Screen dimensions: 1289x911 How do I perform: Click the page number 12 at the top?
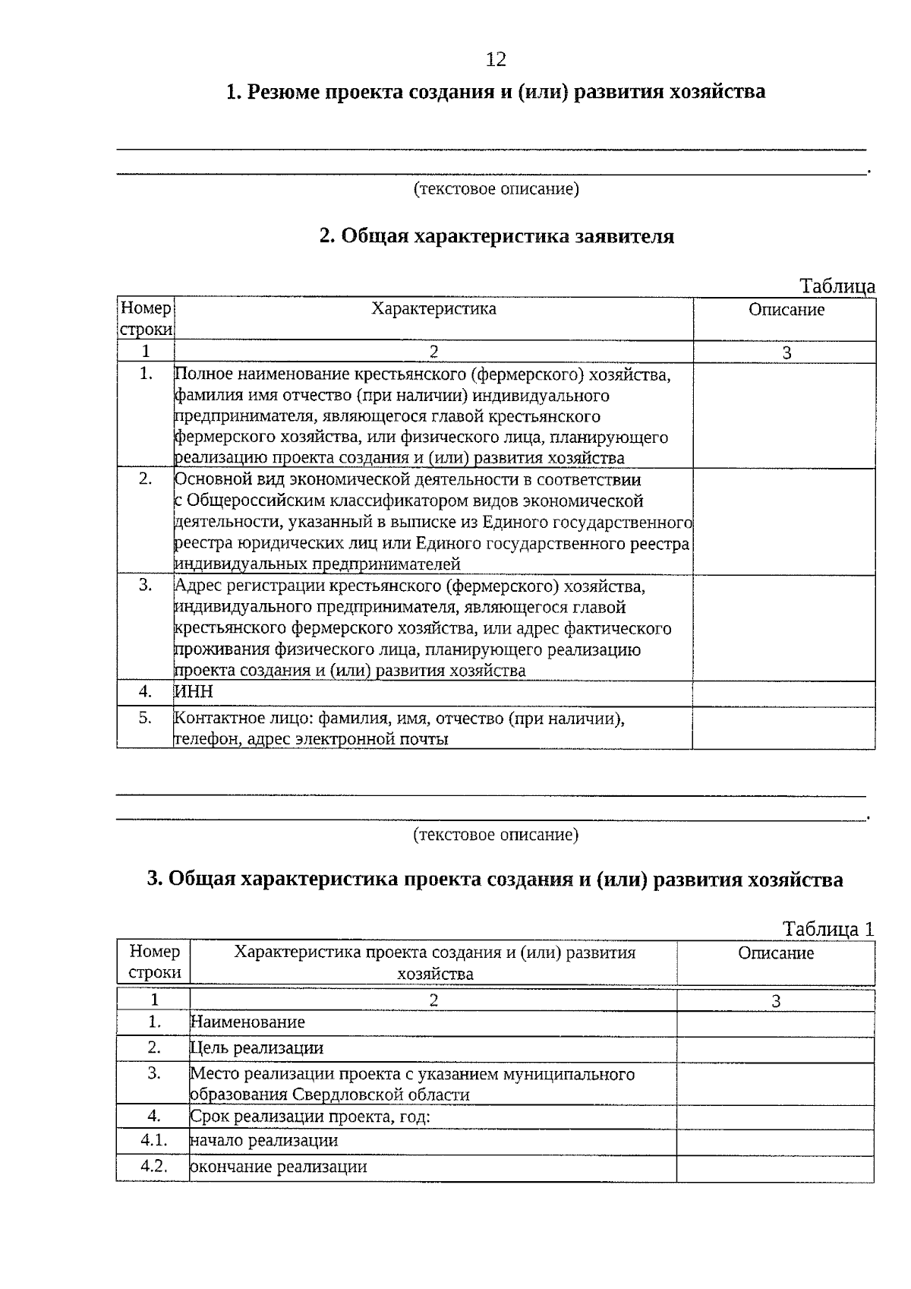click(496, 59)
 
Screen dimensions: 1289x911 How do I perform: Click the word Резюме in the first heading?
click(285, 92)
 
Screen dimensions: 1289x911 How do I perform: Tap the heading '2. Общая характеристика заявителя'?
click(496, 236)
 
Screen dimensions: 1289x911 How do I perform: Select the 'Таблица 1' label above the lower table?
click(828, 929)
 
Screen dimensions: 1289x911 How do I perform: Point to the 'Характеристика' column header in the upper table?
click(433, 308)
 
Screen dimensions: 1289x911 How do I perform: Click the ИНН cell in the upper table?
click(194, 692)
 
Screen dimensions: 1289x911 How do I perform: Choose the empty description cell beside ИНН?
click(783, 693)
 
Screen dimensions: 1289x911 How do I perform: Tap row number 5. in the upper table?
click(146, 718)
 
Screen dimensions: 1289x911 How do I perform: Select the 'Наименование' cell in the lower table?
click(247, 1022)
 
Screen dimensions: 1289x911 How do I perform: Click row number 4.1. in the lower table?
click(154, 1140)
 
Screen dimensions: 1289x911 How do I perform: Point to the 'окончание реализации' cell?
click(279, 1167)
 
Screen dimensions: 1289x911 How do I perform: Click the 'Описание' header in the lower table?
click(776, 953)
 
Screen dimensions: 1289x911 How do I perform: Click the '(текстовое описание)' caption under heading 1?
click(496, 188)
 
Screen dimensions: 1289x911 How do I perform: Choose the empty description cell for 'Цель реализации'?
click(775, 1049)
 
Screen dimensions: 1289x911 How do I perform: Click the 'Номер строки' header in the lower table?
click(155, 962)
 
